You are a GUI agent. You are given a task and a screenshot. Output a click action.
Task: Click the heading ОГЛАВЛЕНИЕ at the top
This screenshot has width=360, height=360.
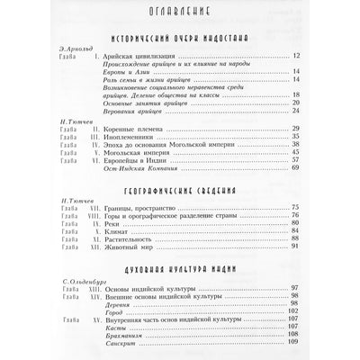point(179,14)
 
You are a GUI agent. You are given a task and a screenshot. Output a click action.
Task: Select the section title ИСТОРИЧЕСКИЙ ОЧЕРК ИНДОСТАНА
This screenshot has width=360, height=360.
point(180,40)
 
